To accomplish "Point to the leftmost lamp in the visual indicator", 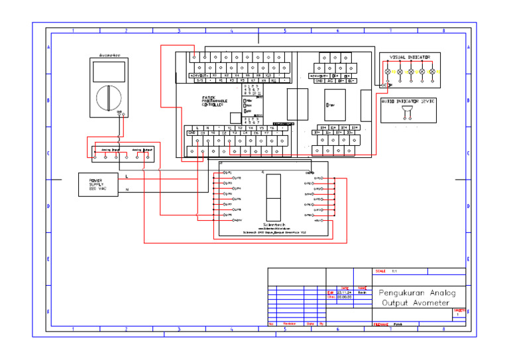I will click(x=389, y=72).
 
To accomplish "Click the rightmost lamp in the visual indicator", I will click(x=431, y=72).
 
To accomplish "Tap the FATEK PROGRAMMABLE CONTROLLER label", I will click(x=214, y=101).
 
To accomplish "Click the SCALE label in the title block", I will click(x=380, y=271).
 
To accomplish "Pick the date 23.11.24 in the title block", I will click(x=345, y=292).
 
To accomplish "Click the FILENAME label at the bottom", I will click(x=380, y=325).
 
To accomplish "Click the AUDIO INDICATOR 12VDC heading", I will click(x=408, y=101).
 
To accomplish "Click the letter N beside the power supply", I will click(x=127, y=190).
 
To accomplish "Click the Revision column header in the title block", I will click(x=290, y=324).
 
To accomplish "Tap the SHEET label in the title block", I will click(x=459, y=310).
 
